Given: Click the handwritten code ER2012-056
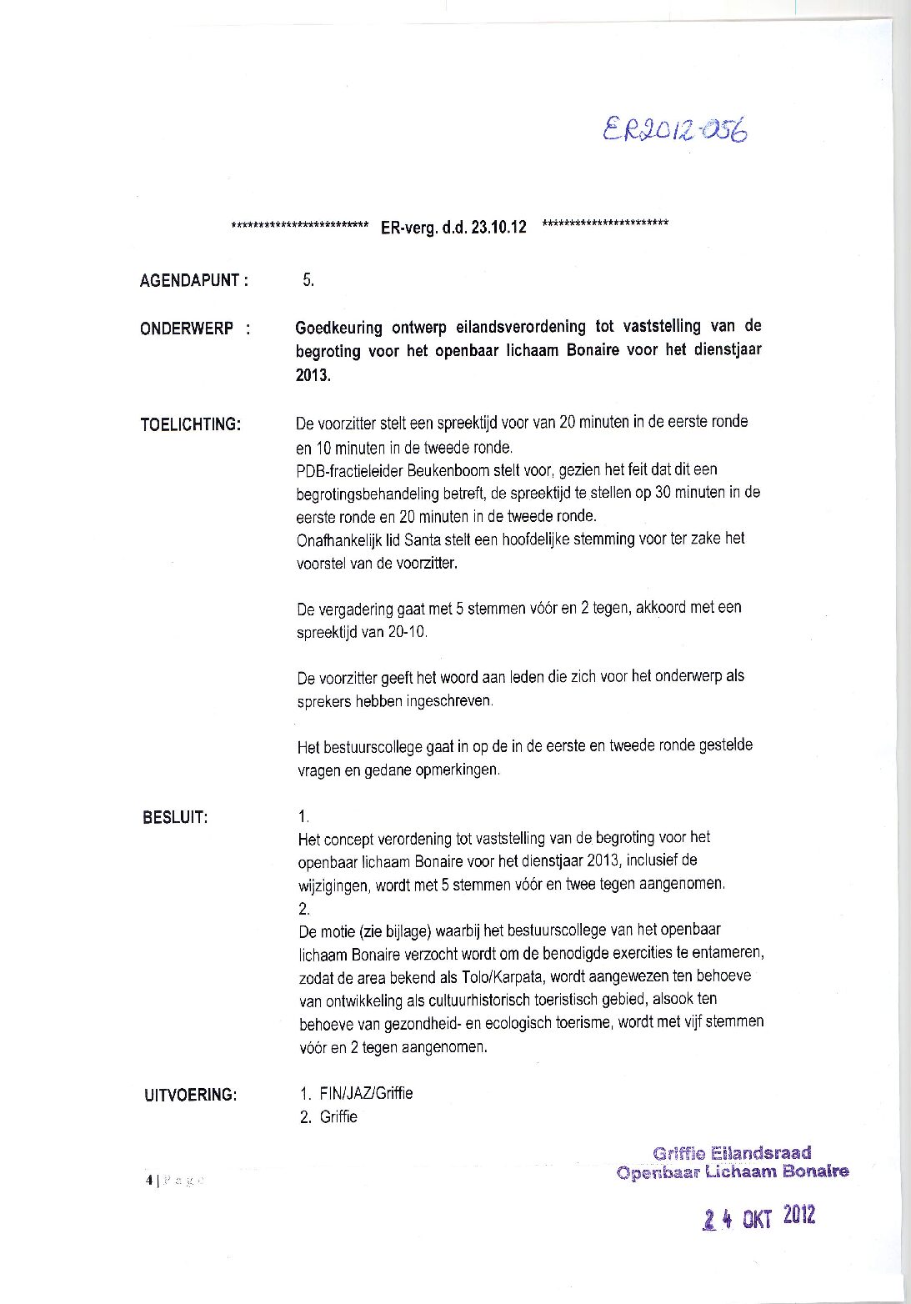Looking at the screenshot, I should pyautogui.click(x=674, y=131).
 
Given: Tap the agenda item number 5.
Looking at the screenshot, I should pyautogui.click(x=308, y=280).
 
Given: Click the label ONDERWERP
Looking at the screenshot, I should pyautogui.click(x=187, y=329).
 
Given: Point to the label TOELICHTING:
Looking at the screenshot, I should pyautogui.click(x=190, y=424).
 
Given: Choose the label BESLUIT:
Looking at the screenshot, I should pyautogui.click(x=175, y=817).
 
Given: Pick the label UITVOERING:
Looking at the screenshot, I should pyautogui.click(x=190, y=1095).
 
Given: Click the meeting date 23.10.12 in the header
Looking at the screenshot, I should pyautogui.click(x=498, y=228).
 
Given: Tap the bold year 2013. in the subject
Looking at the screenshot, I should pyautogui.click(x=313, y=376).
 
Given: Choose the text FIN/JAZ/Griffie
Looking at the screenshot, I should pyautogui.click(x=366, y=1093).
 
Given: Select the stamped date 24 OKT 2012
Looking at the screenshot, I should pyautogui.click(x=758, y=1218).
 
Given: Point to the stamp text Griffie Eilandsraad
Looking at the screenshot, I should pyautogui.click(x=732, y=1153).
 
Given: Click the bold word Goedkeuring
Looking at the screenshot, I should pyautogui.click(x=338, y=327).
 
